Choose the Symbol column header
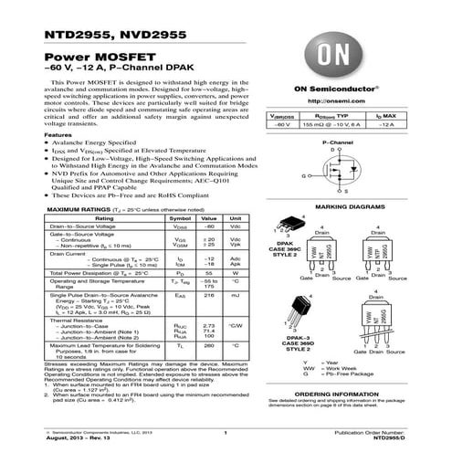181,220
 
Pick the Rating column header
105,220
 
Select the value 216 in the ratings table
208,296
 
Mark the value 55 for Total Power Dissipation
208,273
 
